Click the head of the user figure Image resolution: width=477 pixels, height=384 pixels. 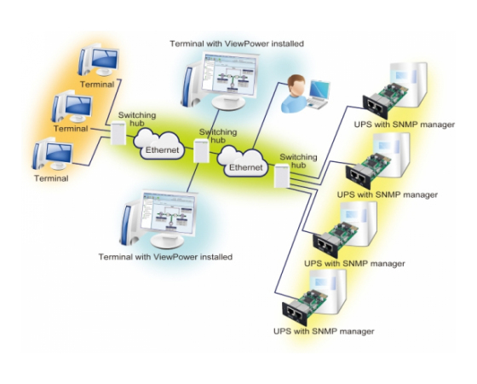[296, 85]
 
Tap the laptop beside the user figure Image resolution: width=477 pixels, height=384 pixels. [319, 93]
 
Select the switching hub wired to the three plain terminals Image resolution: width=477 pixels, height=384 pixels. [118, 133]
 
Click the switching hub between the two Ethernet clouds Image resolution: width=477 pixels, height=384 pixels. [201, 150]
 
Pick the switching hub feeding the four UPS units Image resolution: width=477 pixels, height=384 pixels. [282, 176]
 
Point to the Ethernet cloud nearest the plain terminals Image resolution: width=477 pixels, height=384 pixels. [159, 144]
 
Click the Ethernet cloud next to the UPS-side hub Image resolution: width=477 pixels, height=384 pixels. [243, 161]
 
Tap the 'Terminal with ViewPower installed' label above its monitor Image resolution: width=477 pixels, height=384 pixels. [237, 44]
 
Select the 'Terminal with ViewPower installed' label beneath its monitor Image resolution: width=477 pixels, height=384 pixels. [165, 257]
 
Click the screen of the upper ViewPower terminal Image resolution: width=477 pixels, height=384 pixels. [230, 73]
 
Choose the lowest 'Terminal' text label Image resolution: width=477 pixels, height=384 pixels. [51, 178]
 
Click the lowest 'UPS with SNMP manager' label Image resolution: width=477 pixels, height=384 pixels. [324, 331]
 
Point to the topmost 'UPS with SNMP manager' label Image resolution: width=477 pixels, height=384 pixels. [405, 125]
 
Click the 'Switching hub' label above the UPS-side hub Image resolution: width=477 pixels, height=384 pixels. [298, 161]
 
